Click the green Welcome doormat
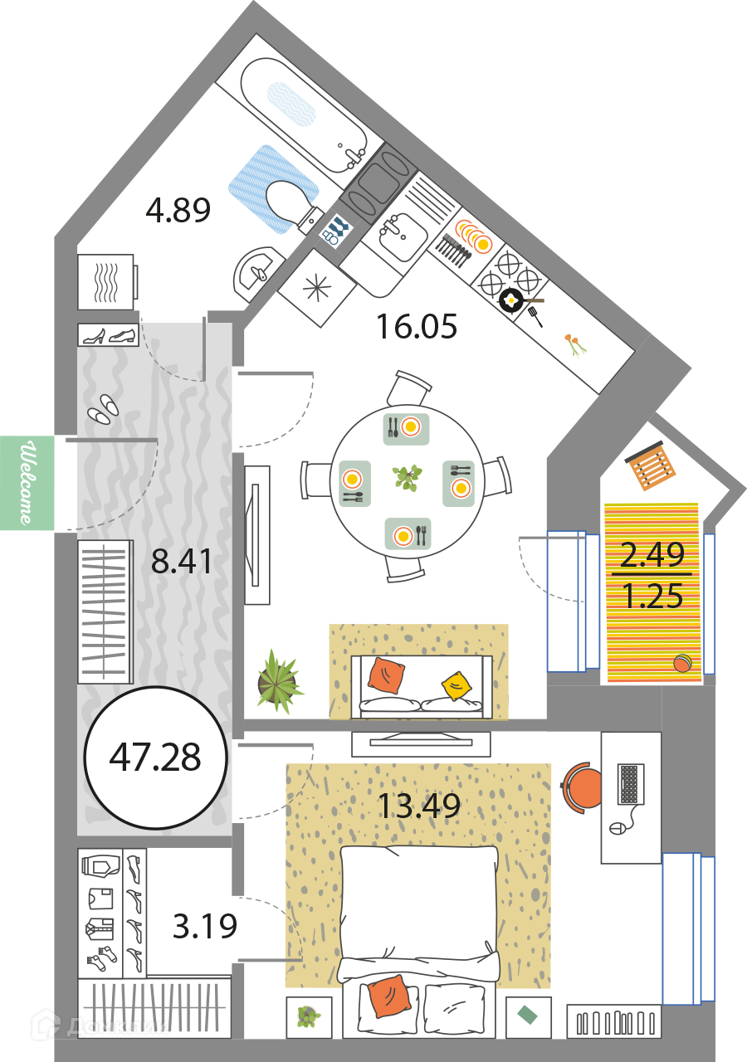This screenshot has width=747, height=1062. (27, 483)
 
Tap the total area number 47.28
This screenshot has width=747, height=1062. (155, 758)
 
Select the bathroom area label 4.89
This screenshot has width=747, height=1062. (178, 211)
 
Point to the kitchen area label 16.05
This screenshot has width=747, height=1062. (416, 327)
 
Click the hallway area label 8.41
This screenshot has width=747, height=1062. (183, 562)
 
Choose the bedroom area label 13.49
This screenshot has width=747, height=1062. (418, 805)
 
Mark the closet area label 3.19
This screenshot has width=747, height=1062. (205, 926)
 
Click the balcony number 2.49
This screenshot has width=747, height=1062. (652, 554)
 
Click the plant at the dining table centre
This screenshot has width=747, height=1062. (407, 478)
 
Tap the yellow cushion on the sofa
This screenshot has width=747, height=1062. (456, 685)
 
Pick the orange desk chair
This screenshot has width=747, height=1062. (583, 787)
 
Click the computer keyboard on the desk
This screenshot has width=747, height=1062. (632, 783)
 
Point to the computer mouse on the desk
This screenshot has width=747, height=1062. (615, 828)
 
